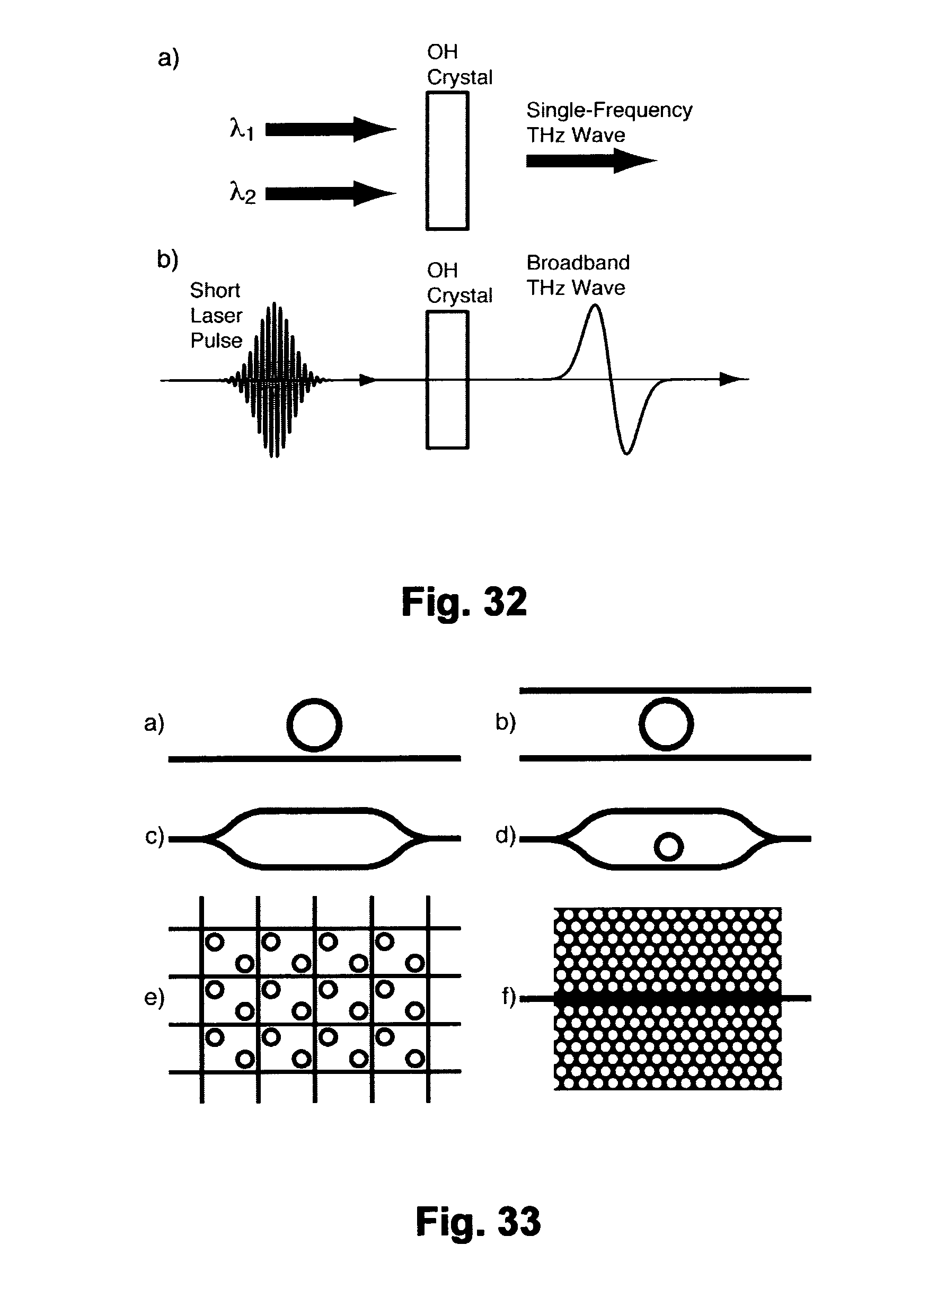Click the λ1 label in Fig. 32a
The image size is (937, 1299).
point(241,129)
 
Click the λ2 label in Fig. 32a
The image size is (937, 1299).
point(242,193)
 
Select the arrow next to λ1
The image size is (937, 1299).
point(330,129)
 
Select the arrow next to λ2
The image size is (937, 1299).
point(330,194)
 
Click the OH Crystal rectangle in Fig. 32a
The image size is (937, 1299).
point(447,162)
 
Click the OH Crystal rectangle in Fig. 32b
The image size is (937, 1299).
point(447,379)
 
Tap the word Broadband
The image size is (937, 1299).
point(578,263)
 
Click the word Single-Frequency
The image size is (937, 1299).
point(609,110)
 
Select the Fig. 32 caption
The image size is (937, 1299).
point(464,602)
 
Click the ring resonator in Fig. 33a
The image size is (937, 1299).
point(314,724)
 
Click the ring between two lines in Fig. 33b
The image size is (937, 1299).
point(666,724)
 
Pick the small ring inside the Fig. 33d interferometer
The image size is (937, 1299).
point(668,847)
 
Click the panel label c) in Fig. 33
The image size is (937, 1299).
point(154,836)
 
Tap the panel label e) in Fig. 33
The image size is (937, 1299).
point(154,998)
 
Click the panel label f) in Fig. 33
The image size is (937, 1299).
point(508,997)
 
